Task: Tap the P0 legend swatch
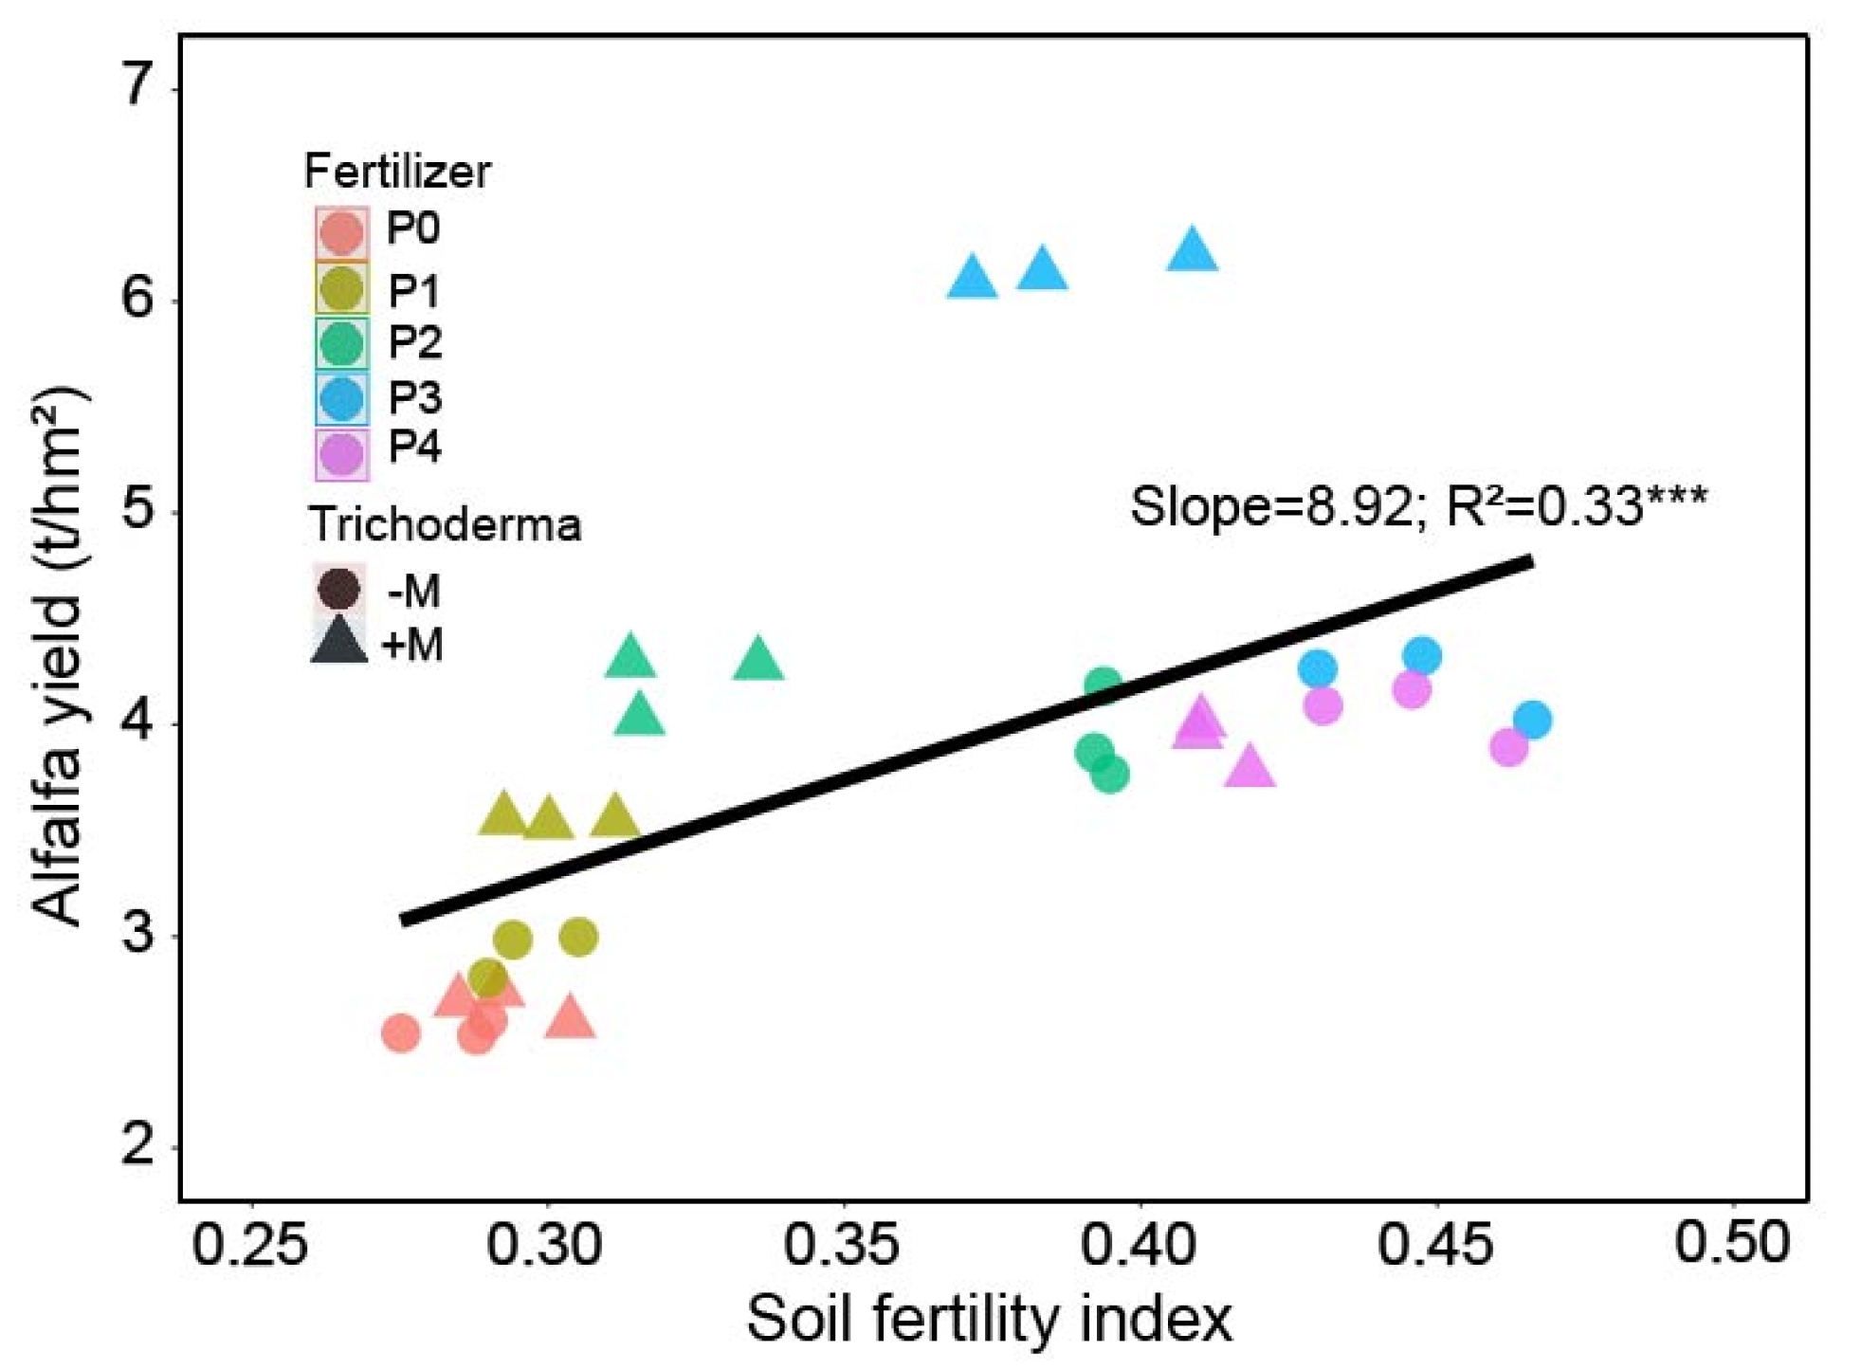[341, 231]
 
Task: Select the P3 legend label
[414, 397]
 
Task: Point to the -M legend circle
[338, 589]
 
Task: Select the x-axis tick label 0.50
[1732, 1242]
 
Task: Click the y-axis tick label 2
[138, 1145]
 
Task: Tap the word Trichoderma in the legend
[445, 524]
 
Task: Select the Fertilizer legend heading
[397, 172]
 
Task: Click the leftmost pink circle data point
[400, 1032]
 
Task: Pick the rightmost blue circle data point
[1532, 720]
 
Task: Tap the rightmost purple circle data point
[1508, 747]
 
